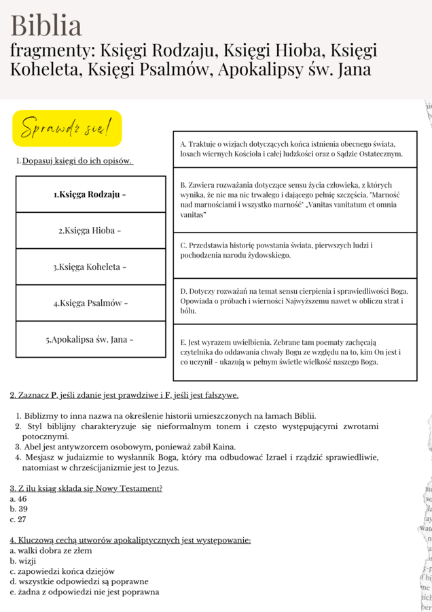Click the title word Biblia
point(46,25)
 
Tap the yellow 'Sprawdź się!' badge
point(67,128)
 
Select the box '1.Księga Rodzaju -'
point(90,194)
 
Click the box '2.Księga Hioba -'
point(90,231)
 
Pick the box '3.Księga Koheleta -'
point(90,267)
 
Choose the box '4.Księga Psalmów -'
point(90,303)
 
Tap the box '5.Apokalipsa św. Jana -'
point(90,339)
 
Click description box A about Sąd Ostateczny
point(295,150)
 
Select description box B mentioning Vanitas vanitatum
point(295,200)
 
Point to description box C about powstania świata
point(295,250)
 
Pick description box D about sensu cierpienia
point(295,301)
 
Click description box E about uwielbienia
point(295,352)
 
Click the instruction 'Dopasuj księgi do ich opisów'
point(77,161)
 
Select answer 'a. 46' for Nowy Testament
point(18,498)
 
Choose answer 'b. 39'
point(18,509)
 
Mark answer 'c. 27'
point(18,520)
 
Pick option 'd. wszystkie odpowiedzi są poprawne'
point(79,581)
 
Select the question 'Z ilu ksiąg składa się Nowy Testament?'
point(86,488)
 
